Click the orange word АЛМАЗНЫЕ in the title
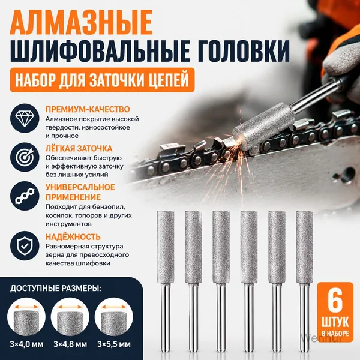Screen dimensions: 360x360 tap(81, 22)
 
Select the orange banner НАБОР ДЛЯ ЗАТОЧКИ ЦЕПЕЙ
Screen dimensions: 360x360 tap(102, 80)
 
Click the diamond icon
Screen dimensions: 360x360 tap(25, 118)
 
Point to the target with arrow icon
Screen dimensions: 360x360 tap(25, 157)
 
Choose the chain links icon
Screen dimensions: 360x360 tap(25, 196)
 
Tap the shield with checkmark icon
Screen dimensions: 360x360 tap(25, 245)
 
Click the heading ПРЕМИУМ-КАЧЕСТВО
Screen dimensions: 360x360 tap(88, 109)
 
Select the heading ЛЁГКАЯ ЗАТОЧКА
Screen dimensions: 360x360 tap(79, 148)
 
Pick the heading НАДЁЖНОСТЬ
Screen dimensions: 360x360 tap(73, 237)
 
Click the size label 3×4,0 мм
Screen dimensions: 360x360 tap(26, 344)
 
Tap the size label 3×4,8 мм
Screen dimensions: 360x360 tap(70, 344)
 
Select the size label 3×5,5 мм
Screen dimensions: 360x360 tap(114, 344)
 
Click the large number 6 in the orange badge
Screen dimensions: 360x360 tap(335, 302)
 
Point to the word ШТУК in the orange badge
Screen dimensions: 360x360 tap(335, 322)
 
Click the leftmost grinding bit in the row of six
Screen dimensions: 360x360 tap(166, 281)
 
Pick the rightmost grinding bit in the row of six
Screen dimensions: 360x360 tap(305, 281)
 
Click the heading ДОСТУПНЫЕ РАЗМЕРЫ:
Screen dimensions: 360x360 tap(56, 289)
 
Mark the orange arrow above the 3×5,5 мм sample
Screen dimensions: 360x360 tap(114, 307)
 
